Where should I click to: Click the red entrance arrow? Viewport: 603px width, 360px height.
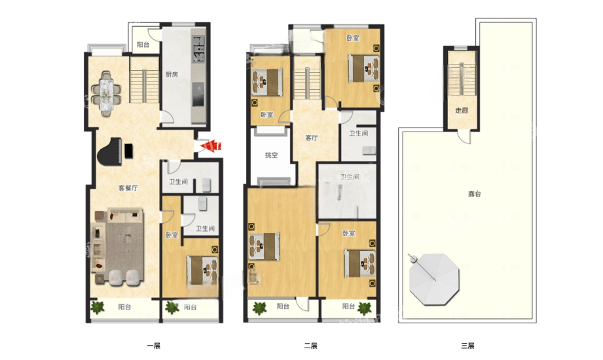211,146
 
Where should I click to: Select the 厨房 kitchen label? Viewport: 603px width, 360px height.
172,74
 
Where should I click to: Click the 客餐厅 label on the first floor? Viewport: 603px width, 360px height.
128,188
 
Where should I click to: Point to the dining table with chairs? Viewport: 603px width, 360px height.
106,94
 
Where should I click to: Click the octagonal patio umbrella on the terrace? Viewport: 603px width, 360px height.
434,279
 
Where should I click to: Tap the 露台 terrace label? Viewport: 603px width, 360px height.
475,194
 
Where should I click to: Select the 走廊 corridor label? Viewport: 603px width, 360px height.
462,111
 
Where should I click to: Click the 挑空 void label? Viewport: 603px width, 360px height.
272,155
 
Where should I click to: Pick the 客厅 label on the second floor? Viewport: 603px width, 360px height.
312,137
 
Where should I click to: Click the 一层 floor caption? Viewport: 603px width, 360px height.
153,346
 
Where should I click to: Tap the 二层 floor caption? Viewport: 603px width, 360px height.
311,346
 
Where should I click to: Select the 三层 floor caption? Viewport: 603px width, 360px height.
467,346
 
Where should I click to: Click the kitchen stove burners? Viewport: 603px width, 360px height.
198,49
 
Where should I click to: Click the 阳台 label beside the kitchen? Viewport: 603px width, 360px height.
143,45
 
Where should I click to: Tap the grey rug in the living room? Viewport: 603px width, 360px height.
125,247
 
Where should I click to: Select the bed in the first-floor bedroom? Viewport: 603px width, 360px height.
202,270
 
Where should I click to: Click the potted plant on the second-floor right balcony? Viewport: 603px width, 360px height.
365,308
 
